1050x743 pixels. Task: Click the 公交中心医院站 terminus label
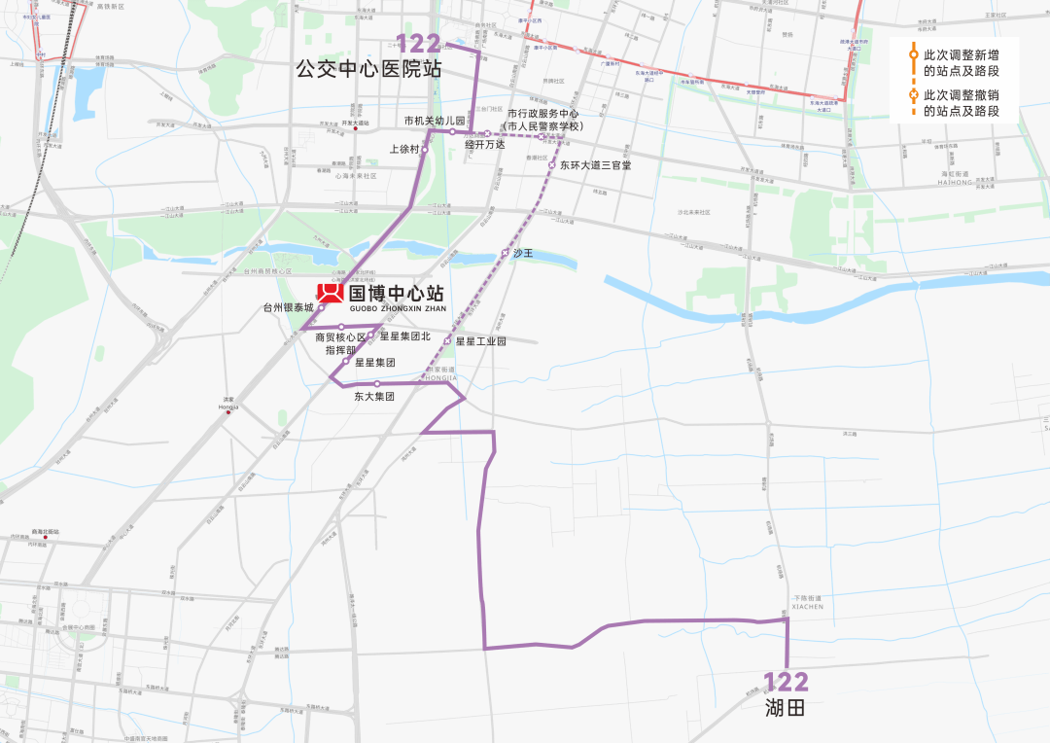pyautogui.click(x=368, y=69)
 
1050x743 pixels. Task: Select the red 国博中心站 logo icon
pyautogui.click(x=330, y=294)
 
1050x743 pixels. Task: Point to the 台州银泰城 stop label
pyautogui.click(x=289, y=307)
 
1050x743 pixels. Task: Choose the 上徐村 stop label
pyautogui.click(x=403, y=150)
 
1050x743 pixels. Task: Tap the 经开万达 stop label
pyautogui.click(x=484, y=144)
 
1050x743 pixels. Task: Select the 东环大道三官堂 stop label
pyautogui.click(x=595, y=165)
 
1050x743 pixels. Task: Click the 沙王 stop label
pyautogui.click(x=523, y=253)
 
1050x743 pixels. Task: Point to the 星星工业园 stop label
pyautogui.click(x=480, y=341)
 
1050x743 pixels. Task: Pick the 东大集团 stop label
pyautogui.click(x=374, y=396)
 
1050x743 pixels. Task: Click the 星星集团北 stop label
pyautogui.click(x=404, y=336)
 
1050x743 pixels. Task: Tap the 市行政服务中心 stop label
pyautogui.click(x=543, y=114)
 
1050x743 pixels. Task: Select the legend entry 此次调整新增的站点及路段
pyautogui.click(x=961, y=62)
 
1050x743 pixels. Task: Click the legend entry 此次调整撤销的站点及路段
pyautogui.click(x=961, y=102)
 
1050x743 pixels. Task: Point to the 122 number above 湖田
pyautogui.click(x=786, y=682)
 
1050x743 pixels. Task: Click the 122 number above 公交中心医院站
pyautogui.click(x=418, y=44)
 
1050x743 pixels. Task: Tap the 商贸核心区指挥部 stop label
pyautogui.click(x=340, y=343)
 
